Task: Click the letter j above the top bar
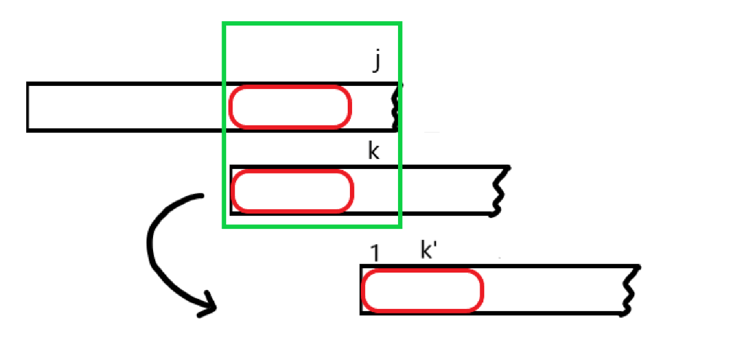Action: point(377,62)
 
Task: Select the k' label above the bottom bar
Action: point(429,251)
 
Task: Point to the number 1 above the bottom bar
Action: point(375,253)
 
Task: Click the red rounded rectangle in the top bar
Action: point(290,107)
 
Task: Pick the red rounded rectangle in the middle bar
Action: point(292,191)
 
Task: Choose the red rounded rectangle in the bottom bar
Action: point(422,290)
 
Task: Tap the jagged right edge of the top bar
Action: point(398,106)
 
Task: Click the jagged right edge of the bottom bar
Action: point(631,290)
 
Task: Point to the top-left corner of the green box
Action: point(224,24)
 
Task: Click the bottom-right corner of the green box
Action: point(400,225)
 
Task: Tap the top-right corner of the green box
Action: point(400,24)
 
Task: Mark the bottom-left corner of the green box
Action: point(224,225)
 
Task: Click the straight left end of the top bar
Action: point(28,107)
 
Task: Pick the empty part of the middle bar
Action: point(445,191)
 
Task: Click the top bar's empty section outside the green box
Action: point(124,107)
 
